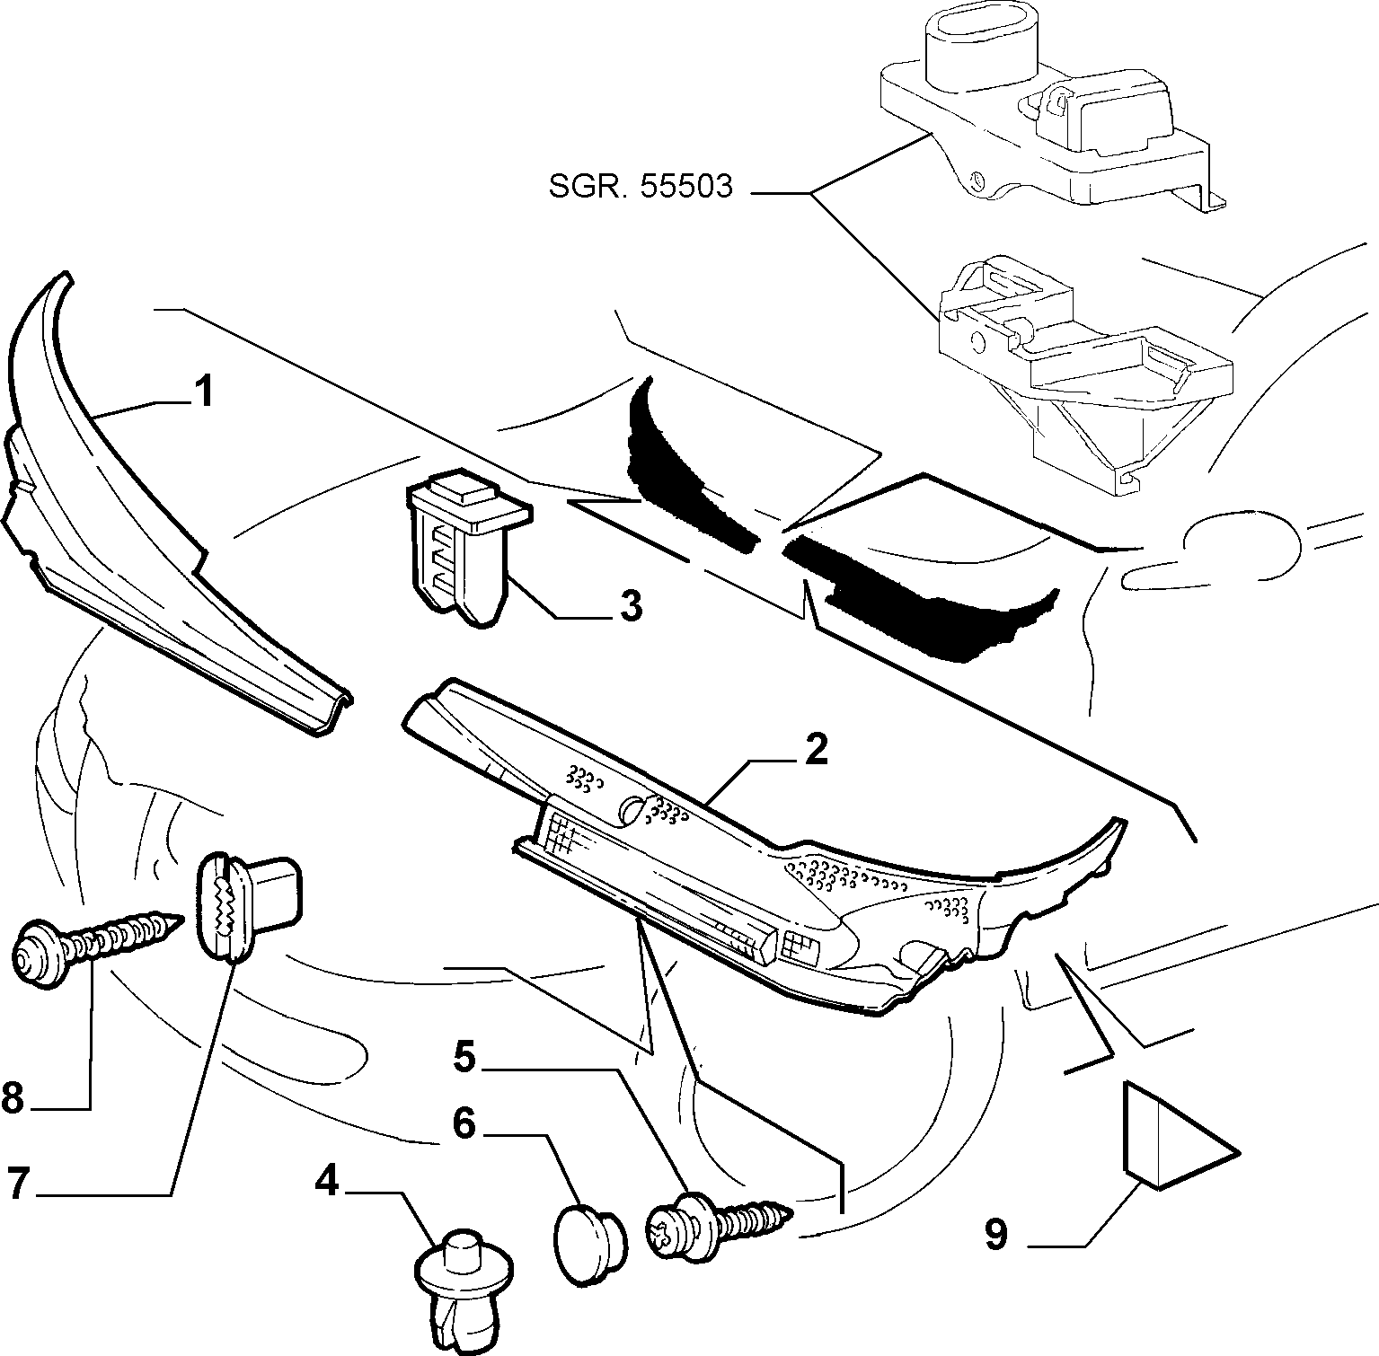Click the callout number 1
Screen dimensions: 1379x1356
coord(206,392)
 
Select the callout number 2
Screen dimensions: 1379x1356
coord(816,750)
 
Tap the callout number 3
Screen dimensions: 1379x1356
coord(632,608)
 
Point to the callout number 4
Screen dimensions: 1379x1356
coord(327,1182)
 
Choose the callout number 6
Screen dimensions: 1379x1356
coord(464,1123)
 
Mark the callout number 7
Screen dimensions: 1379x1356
coord(20,1183)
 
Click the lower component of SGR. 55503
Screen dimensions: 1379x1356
coord(1078,368)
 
